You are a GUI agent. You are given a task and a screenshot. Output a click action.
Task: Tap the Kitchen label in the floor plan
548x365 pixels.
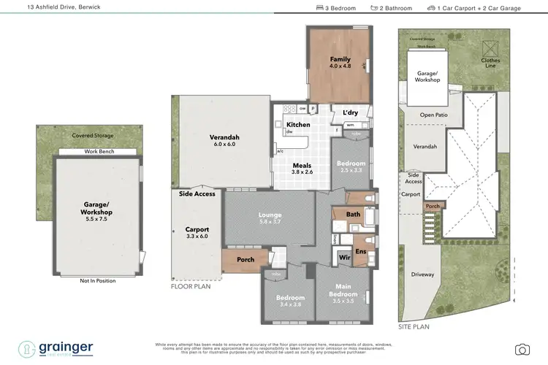pos(297,126)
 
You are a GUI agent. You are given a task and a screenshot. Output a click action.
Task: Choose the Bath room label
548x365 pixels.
pos(354,215)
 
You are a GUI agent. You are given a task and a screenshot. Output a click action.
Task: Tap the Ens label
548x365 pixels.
pos(359,252)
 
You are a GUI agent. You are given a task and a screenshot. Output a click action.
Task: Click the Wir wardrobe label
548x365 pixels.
pos(343,257)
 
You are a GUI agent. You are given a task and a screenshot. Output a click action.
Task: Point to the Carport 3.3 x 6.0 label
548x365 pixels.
pos(197,232)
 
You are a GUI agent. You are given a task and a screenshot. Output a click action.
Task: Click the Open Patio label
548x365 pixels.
pos(433,115)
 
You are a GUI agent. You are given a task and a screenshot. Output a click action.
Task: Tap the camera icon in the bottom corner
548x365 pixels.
pos(522,349)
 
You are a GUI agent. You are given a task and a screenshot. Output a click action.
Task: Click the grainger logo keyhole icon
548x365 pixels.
pos(28,348)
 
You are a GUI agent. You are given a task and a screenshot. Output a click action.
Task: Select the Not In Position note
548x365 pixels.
pos(97,280)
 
